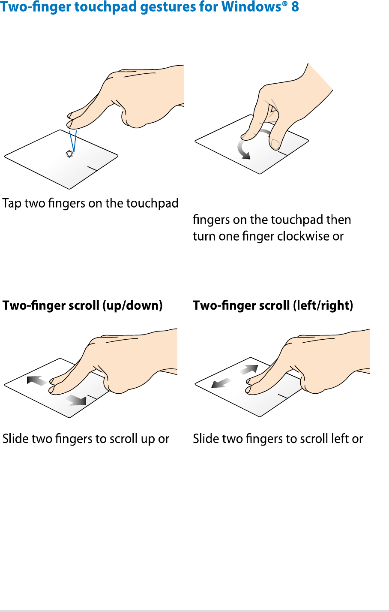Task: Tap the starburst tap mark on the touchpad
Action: click(69, 154)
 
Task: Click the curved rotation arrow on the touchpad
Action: click(239, 148)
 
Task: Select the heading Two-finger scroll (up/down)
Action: click(82, 305)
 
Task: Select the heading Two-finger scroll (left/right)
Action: click(273, 305)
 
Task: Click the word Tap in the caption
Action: click(12, 204)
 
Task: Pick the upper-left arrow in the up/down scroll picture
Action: click(37, 380)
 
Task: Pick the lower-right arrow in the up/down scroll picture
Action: click(76, 400)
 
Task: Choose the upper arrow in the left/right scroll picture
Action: click(249, 369)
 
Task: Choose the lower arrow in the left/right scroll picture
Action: click(221, 383)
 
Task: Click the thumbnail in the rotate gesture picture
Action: click(275, 144)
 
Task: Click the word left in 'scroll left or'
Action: click(340, 438)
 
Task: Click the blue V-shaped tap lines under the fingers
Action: click(73, 141)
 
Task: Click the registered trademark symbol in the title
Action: click(285, 3)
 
